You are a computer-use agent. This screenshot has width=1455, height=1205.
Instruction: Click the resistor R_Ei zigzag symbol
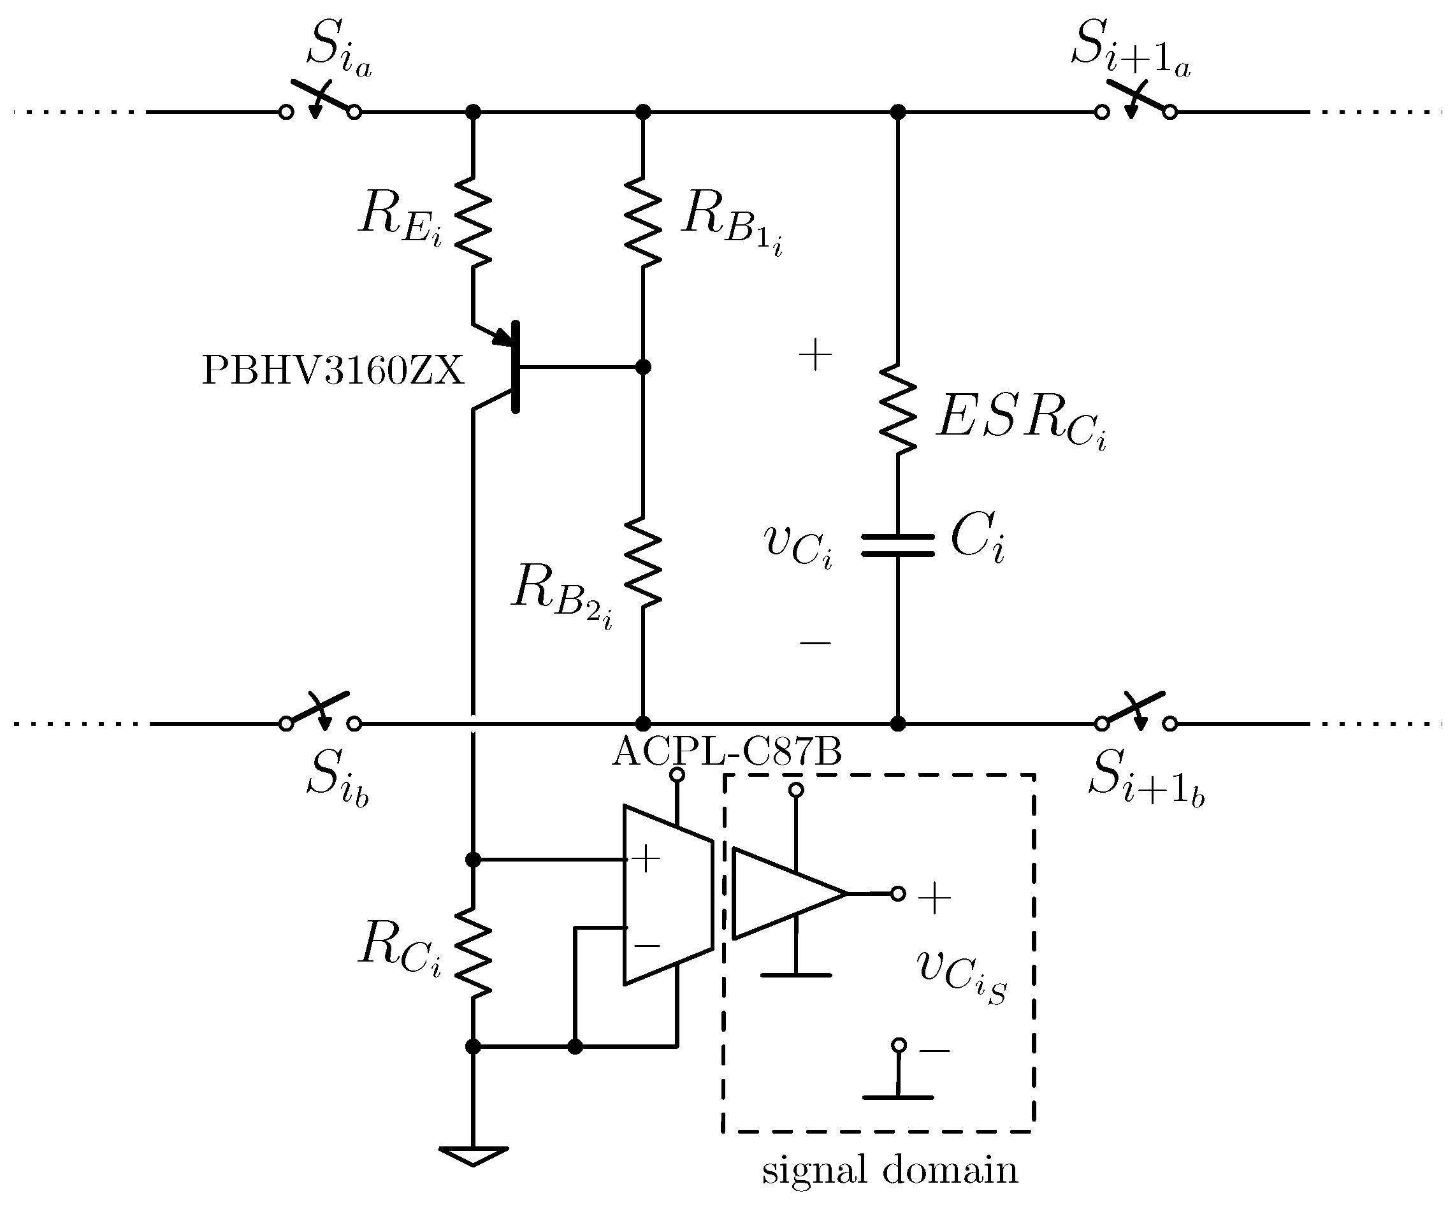[x=474, y=222]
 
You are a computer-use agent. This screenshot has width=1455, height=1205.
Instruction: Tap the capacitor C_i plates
[x=898, y=545]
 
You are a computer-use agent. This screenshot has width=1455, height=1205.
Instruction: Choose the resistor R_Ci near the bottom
[x=474, y=953]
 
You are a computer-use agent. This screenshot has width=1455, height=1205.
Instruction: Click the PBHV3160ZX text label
[x=333, y=372]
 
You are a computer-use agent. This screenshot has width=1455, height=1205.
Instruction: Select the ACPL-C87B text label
[x=726, y=751]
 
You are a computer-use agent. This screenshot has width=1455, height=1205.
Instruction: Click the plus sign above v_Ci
[x=814, y=355]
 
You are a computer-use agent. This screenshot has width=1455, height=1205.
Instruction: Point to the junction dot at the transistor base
[x=643, y=366]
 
